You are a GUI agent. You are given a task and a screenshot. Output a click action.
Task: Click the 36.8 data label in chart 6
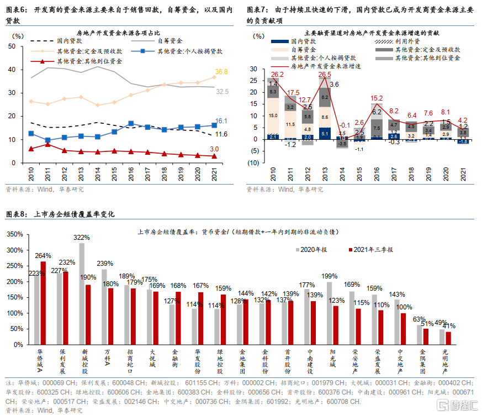(221, 72)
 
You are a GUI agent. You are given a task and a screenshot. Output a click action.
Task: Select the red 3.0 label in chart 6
(215, 149)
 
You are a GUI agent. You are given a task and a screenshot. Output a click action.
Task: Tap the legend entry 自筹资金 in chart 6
(170, 40)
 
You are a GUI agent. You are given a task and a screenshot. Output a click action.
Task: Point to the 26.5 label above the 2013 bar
(325, 75)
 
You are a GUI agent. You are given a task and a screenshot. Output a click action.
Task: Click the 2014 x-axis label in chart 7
(342, 176)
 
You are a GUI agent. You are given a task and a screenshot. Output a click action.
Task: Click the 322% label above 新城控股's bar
(82, 237)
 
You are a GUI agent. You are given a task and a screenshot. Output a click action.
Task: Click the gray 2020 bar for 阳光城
(330, 313)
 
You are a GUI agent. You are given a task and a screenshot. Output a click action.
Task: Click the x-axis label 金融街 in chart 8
(175, 358)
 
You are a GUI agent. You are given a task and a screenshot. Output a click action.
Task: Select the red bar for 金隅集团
(426, 337)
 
